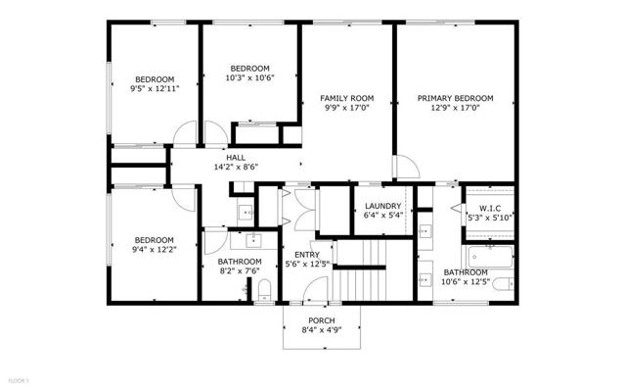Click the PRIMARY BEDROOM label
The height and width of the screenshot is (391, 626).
click(455, 98)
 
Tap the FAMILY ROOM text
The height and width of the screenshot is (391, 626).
click(348, 98)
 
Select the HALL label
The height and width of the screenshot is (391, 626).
click(236, 157)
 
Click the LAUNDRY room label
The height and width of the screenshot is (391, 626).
click(383, 206)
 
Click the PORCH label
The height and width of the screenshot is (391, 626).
click(321, 321)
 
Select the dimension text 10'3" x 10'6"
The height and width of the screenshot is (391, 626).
click(249, 77)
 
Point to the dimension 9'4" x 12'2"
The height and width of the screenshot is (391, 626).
click(155, 250)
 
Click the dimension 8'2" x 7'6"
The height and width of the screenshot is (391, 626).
click(240, 271)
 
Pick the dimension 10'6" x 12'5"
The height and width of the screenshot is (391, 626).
click(465, 282)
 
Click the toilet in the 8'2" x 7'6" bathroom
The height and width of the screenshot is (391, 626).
click(265, 289)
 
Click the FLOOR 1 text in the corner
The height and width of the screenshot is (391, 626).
click(21, 378)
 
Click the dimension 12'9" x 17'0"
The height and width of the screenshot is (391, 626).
click(455, 109)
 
